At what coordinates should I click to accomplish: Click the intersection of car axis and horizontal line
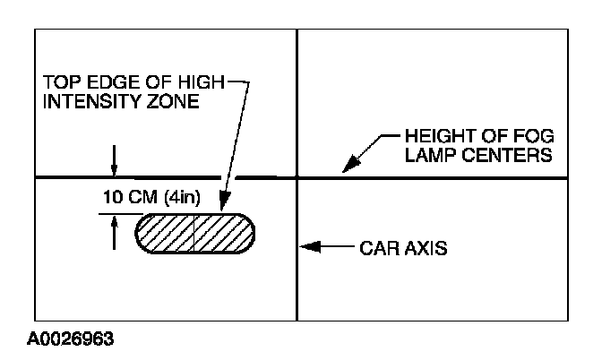click(x=297, y=178)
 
